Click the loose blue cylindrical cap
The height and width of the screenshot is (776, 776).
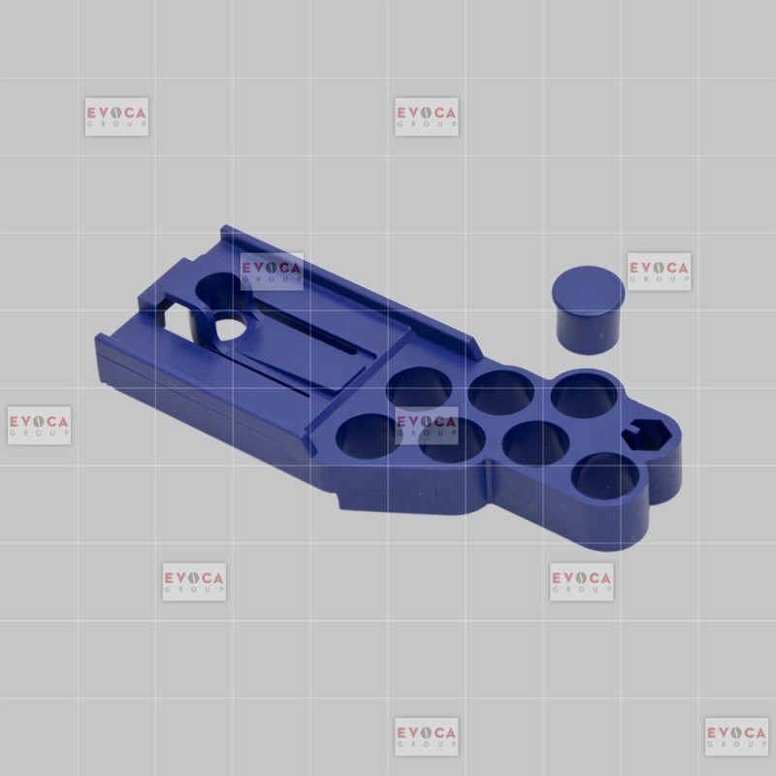[588, 310]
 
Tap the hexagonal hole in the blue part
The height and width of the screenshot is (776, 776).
[647, 435]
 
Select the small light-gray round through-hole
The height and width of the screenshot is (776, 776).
[231, 328]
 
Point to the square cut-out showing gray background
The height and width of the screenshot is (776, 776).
[175, 320]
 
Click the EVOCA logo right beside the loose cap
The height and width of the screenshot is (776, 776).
[659, 272]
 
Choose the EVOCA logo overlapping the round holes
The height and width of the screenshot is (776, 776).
[426, 425]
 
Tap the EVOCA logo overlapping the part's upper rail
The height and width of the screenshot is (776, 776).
[272, 272]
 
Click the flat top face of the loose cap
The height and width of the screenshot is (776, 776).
[588, 289]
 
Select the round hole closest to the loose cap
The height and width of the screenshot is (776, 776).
[584, 395]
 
